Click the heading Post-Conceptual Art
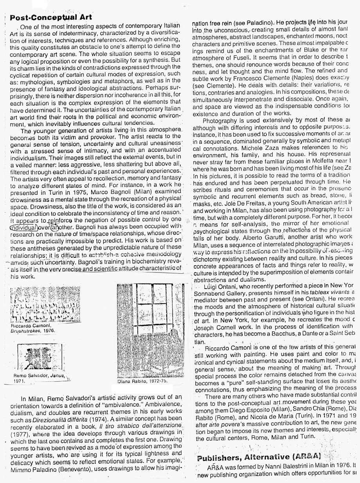50,18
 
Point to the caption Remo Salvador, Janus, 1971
38,377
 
